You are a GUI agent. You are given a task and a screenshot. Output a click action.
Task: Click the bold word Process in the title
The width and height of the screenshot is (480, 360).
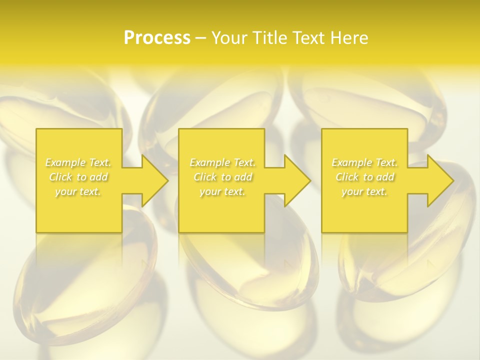click(x=157, y=38)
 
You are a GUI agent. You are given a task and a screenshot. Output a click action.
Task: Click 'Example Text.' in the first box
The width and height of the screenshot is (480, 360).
click(x=78, y=162)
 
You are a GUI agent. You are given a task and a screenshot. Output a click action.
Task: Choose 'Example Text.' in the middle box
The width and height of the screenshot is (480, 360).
click(x=222, y=162)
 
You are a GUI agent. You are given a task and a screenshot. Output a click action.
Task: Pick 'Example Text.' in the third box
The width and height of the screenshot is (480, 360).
click(x=364, y=162)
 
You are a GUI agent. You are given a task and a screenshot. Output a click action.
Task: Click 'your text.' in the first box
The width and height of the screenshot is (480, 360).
click(x=78, y=191)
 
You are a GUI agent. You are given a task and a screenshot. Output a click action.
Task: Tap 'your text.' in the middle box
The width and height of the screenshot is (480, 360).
click(x=222, y=191)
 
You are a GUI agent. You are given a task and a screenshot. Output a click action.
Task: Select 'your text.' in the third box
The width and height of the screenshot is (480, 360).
click(x=364, y=191)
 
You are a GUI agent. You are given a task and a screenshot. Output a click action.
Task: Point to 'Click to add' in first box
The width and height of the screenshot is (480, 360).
click(x=78, y=177)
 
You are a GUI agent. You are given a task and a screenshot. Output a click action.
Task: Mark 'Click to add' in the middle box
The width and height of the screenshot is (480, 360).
click(x=222, y=177)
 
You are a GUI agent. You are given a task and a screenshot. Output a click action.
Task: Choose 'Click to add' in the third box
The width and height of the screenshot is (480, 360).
click(x=364, y=177)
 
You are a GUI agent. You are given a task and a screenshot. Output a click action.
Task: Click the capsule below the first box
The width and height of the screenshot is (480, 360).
click(x=85, y=280)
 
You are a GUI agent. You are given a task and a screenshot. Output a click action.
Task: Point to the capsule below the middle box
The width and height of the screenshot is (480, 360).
click(x=250, y=270)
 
